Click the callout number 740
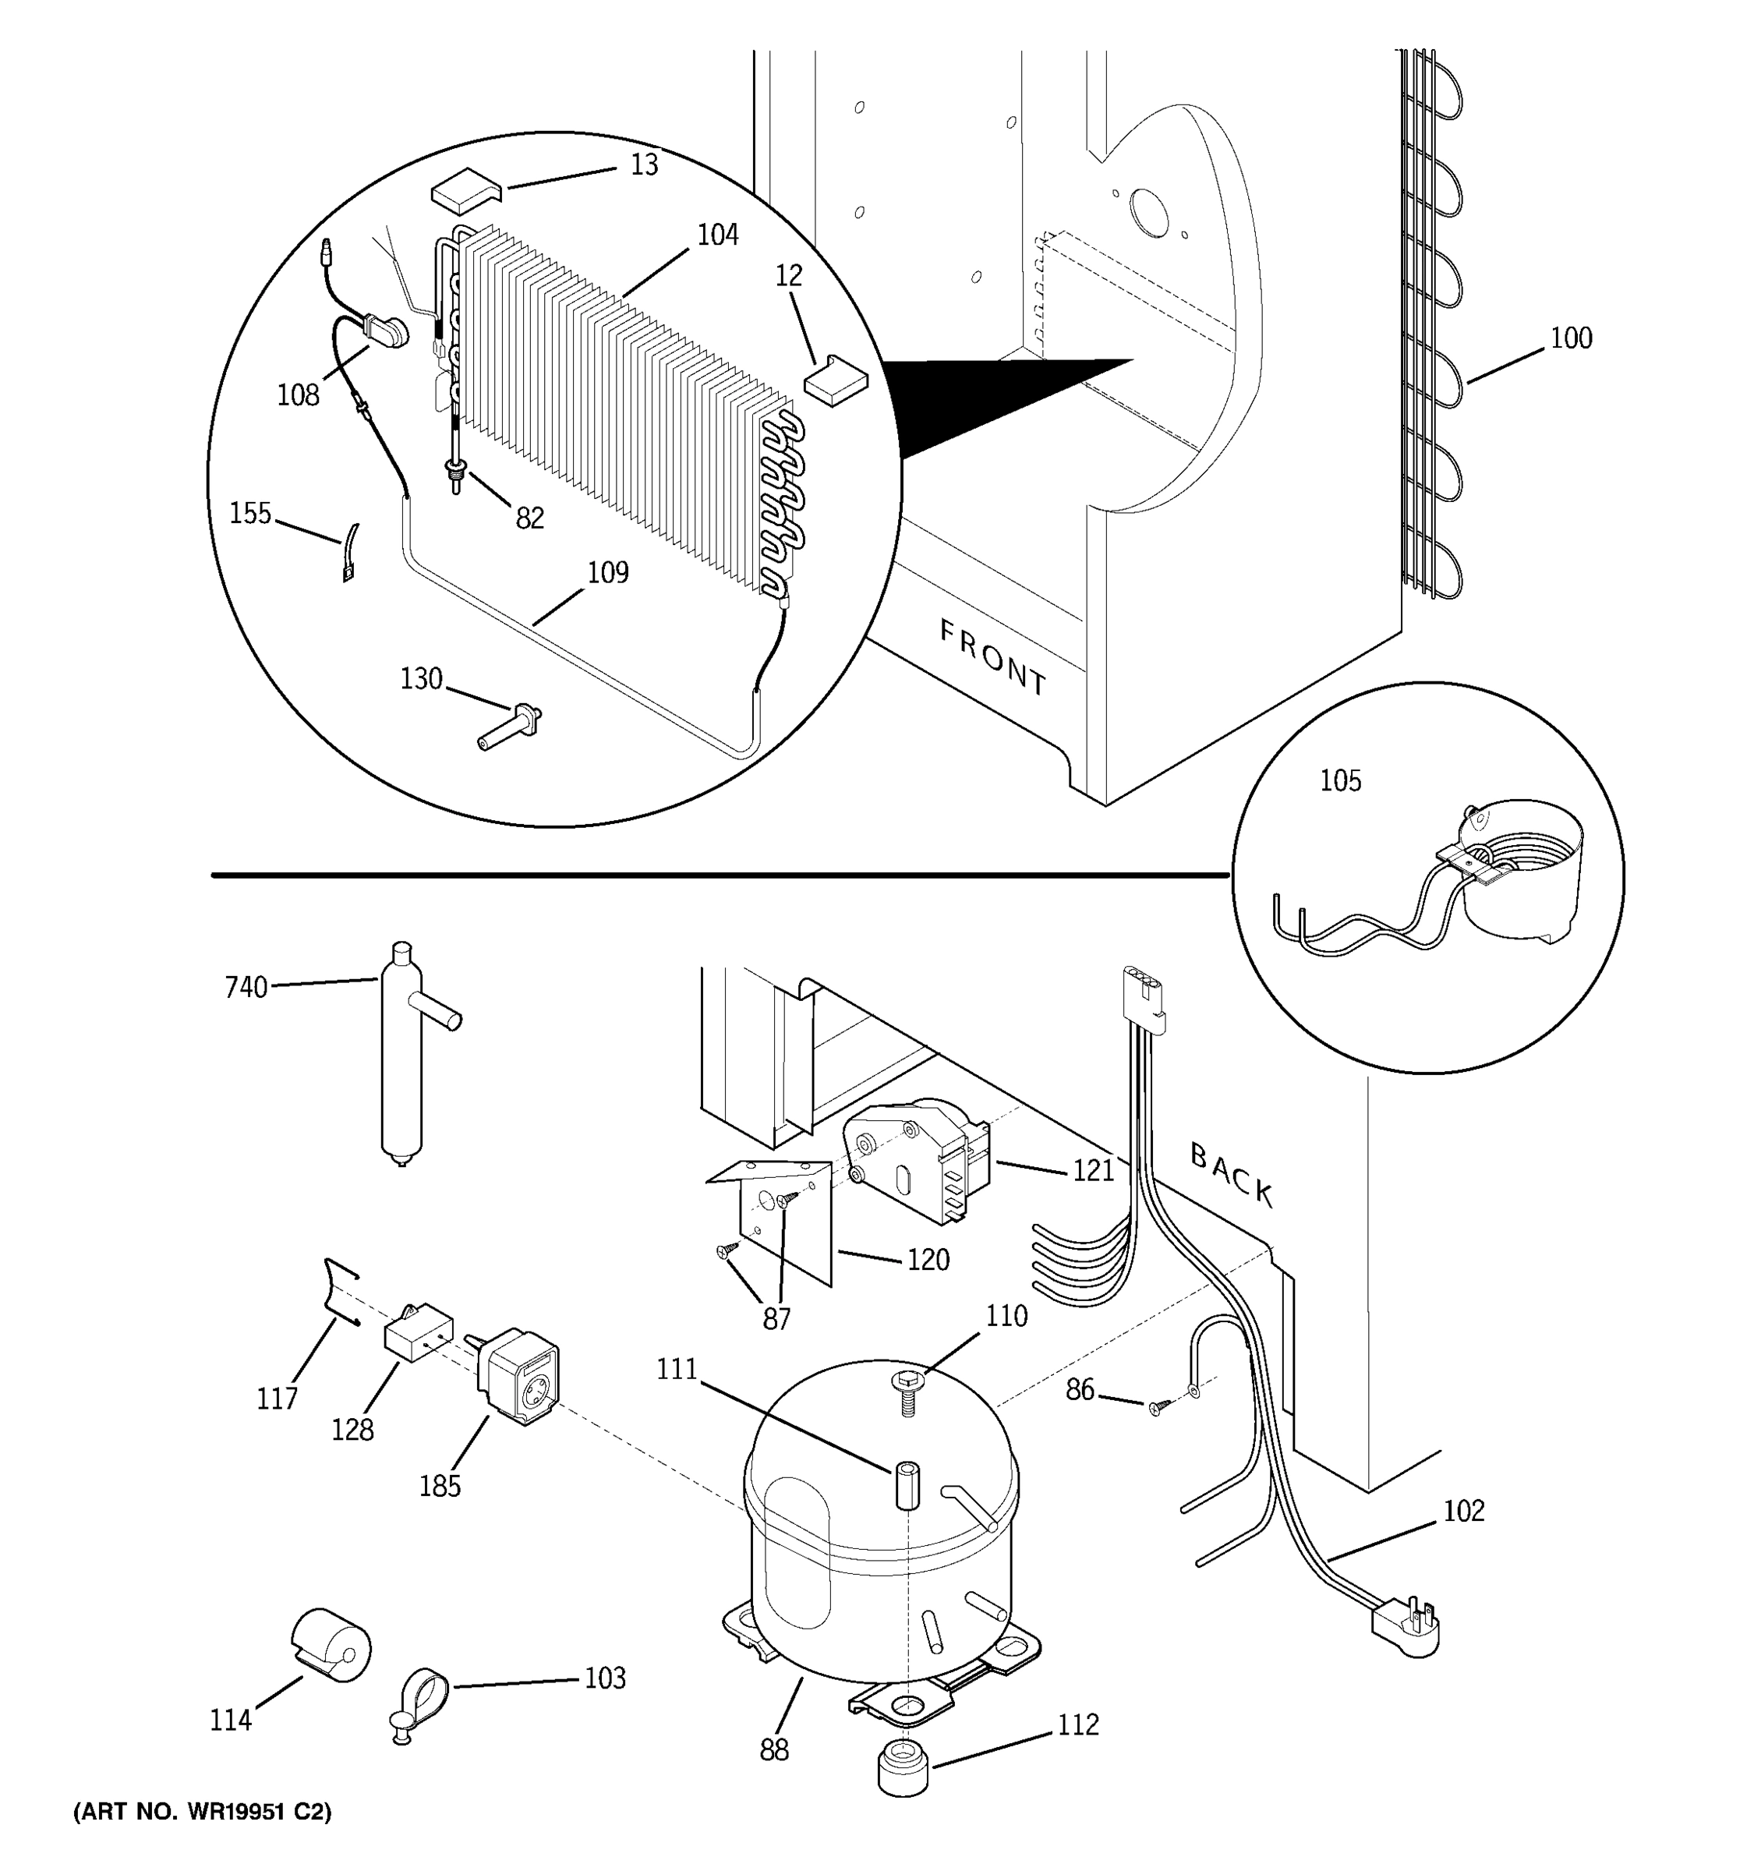pos(246,987)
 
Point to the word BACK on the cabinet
pos(1232,1175)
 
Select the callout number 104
pos(717,235)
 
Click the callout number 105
pos(1340,780)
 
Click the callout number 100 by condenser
pos(1571,338)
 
